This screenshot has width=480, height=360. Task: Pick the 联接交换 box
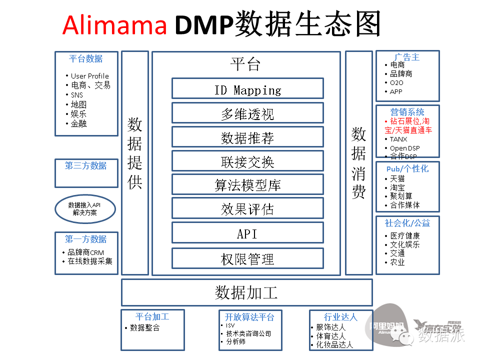(x=247, y=161)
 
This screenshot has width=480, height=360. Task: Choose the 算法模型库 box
(x=247, y=184)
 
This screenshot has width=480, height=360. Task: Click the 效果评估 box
(x=247, y=208)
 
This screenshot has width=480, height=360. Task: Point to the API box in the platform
(x=247, y=233)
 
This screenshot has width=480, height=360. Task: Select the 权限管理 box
(x=247, y=258)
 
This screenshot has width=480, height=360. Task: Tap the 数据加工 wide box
(x=246, y=292)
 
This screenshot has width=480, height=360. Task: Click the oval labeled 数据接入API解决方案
(x=85, y=208)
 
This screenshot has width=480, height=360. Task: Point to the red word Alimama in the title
(x=114, y=24)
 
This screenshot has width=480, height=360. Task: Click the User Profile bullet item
(x=89, y=76)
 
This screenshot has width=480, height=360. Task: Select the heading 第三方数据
(x=86, y=166)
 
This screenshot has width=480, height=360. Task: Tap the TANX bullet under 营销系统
(x=398, y=139)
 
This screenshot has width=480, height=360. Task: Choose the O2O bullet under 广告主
(x=396, y=82)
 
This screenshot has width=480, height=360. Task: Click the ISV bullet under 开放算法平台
(x=230, y=325)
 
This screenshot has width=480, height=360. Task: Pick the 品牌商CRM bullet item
(x=86, y=252)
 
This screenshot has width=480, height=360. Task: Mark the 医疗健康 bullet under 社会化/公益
(x=405, y=235)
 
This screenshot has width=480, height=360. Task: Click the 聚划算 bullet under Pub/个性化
(x=401, y=196)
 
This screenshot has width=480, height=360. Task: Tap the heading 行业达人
(x=340, y=317)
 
